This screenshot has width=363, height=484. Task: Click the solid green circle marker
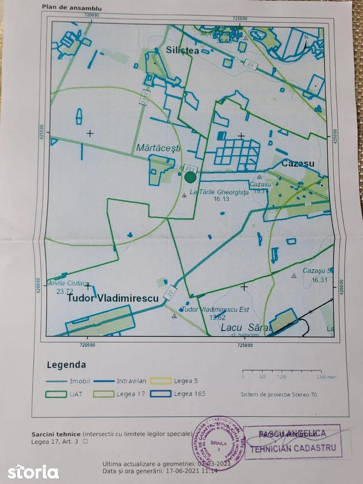(x=190, y=177)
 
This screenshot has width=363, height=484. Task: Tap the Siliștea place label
(x=182, y=50)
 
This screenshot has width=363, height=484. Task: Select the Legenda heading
(x=66, y=365)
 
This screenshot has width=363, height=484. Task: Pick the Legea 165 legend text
(x=190, y=394)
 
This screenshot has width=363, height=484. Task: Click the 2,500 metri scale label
(x=326, y=377)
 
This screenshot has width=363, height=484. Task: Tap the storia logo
(x=33, y=471)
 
